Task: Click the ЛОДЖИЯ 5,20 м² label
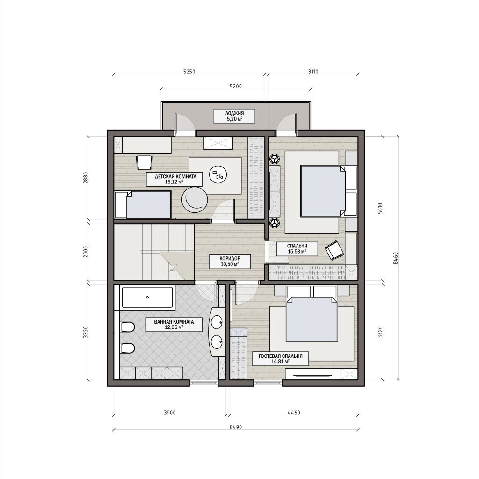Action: (x=234, y=116)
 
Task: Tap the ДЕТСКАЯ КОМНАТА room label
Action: (x=175, y=176)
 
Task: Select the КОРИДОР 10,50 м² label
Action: (x=230, y=261)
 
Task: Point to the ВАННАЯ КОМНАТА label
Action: (x=174, y=322)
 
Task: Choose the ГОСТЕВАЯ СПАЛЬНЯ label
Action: (x=281, y=356)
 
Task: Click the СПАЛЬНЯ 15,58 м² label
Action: (x=297, y=249)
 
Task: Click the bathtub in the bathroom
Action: (x=147, y=297)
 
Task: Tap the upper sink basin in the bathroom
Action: (x=217, y=321)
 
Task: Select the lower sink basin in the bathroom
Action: (x=217, y=342)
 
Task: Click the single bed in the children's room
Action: (x=143, y=205)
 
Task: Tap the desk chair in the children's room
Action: (x=144, y=162)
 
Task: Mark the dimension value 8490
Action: (x=236, y=428)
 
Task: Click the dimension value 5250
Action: (x=189, y=72)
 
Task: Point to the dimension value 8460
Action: (x=396, y=258)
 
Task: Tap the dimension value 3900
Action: (x=170, y=413)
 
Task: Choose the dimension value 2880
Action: (x=86, y=178)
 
